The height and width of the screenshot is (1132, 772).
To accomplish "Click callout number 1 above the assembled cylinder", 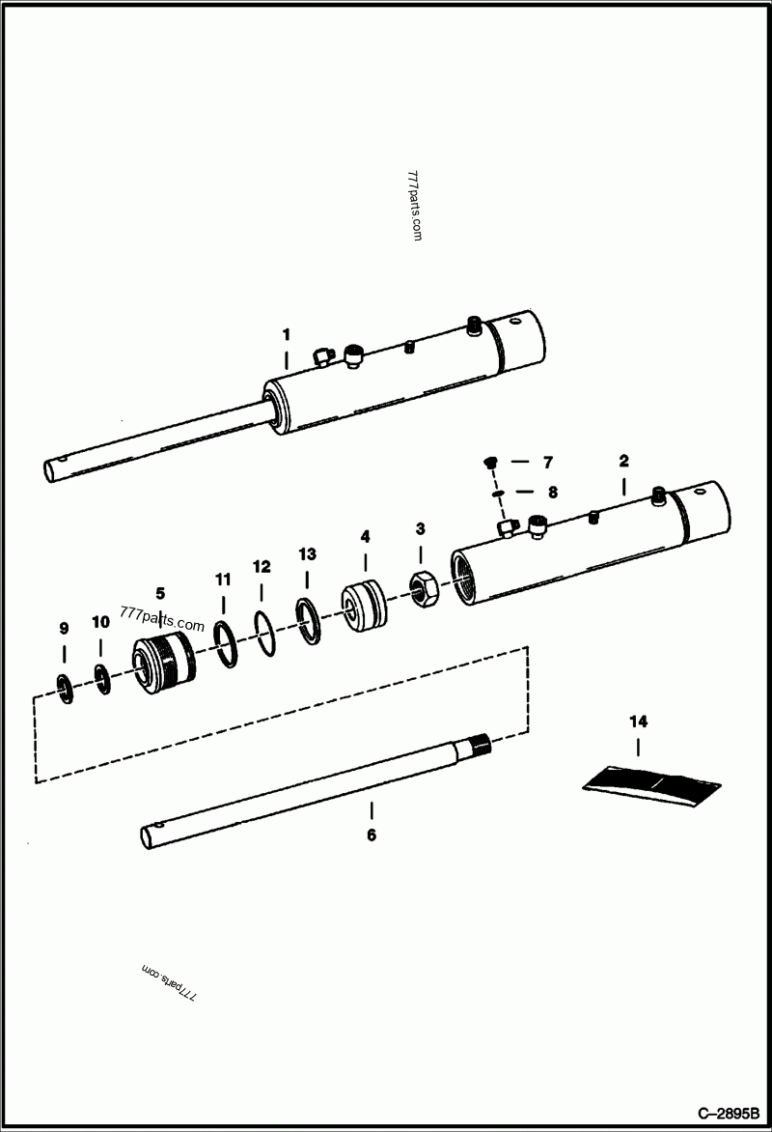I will pos(286,334).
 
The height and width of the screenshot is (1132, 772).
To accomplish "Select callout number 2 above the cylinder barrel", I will pos(623,461).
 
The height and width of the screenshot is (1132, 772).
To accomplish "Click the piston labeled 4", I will pos(365,604).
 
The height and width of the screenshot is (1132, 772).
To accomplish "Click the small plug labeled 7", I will pos(490,463).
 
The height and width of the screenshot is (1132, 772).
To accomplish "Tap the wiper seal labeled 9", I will pos(65,688).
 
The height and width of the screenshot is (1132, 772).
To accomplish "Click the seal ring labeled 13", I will pos(307,618).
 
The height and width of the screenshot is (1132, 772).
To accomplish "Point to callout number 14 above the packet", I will pos(638,722).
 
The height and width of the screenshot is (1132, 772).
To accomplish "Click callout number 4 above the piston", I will pos(365,535).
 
